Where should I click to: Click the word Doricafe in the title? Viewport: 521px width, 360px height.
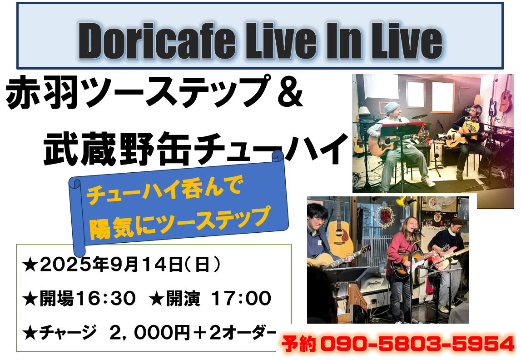click(x=157, y=40)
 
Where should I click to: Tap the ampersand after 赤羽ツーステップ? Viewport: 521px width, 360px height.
click(x=290, y=92)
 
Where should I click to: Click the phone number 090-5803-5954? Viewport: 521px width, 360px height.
click(x=417, y=344)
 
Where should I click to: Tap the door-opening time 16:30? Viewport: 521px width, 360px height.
click(x=105, y=298)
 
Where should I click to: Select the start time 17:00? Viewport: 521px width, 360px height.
click(x=242, y=298)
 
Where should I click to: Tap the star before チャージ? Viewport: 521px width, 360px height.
click(x=30, y=333)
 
